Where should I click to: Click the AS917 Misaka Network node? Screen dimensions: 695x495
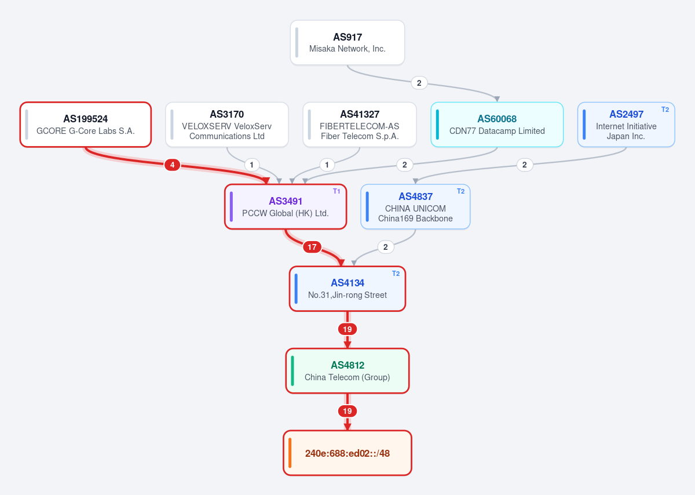click(347, 42)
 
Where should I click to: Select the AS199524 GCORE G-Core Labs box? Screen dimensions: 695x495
click(86, 125)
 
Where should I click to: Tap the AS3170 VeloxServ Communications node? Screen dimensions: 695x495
click(227, 125)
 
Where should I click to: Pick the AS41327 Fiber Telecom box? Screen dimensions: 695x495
click(360, 125)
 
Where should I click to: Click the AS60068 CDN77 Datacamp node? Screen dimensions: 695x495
click(497, 125)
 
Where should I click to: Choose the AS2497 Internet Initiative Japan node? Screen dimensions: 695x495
click(626, 125)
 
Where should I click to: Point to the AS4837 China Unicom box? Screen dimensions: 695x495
click(415, 207)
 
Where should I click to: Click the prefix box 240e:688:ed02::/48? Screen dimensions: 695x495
click(347, 453)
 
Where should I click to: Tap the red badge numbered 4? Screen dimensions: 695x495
click(172, 165)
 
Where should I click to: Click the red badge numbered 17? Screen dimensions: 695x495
click(312, 247)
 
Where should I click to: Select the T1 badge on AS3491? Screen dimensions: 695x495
click(336, 191)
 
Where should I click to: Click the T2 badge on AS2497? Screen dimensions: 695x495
click(665, 110)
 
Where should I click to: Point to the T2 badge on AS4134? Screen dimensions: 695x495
click(396, 274)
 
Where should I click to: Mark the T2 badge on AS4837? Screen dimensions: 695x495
click(460, 191)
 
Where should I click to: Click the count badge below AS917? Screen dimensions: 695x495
click(419, 83)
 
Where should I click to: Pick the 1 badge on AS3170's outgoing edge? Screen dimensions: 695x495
click(251, 165)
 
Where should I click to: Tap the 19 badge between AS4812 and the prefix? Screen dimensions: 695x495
click(347, 411)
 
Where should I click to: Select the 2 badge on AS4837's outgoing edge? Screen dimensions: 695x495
click(385, 247)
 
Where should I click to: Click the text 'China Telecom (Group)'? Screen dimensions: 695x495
click(347, 377)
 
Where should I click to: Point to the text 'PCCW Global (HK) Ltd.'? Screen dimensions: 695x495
click(285, 213)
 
